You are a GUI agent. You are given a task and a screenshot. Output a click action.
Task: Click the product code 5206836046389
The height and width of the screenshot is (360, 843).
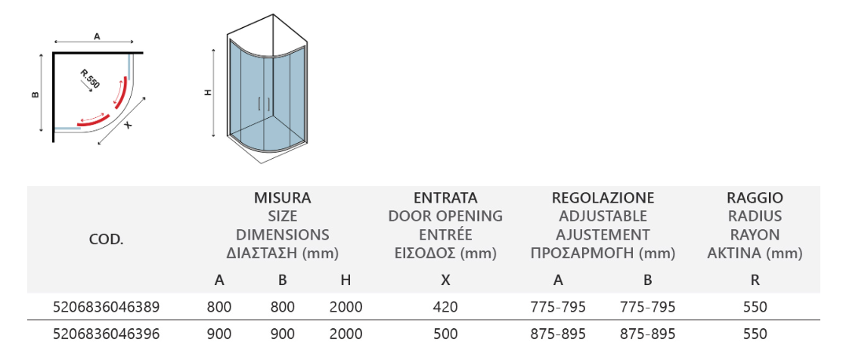tap(107, 307)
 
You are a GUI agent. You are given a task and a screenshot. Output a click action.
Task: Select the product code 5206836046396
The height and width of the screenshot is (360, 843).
tap(107, 334)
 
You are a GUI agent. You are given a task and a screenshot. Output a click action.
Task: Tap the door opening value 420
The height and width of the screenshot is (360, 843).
tap(445, 307)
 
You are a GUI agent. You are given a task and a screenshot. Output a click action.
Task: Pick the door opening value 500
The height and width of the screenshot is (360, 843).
tap(445, 334)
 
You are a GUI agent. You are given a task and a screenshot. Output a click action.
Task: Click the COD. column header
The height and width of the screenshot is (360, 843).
tap(106, 240)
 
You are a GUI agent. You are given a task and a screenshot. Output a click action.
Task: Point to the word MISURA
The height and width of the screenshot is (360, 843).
tap(282, 197)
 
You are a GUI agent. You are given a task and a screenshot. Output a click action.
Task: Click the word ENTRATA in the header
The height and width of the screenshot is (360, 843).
tap(445, 197)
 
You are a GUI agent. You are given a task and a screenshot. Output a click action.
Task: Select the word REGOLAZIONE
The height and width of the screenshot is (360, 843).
tap(603, 197)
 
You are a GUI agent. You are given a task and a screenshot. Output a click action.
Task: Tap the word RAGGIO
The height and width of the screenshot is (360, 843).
tap(755, 197)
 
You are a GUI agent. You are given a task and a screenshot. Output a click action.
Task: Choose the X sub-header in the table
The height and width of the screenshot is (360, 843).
tap(445, 280)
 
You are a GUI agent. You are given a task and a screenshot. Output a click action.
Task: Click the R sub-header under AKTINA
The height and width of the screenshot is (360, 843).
tap(755, 280)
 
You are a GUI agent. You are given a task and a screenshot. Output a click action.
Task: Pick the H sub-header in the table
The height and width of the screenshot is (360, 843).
tap(346, 280)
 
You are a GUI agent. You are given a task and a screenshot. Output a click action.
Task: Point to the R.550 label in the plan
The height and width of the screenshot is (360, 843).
tap(90, 79)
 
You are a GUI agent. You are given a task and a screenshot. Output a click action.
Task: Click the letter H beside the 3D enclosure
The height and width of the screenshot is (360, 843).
tap(209, 92)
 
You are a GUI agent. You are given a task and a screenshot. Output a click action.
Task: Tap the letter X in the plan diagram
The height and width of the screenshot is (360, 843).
tap(128, 125)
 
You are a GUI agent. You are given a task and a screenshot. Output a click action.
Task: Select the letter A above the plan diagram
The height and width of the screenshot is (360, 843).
tap(97, 36)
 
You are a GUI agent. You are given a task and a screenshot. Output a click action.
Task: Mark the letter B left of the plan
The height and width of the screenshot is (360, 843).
tap(36, 95)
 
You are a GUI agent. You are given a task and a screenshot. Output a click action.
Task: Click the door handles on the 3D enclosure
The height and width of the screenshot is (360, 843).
tap(264, 104)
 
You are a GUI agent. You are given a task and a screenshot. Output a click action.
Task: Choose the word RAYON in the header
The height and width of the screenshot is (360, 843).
tap(755, 234)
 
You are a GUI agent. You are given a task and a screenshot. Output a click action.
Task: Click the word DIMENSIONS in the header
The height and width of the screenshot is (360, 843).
tap(282, 234)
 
